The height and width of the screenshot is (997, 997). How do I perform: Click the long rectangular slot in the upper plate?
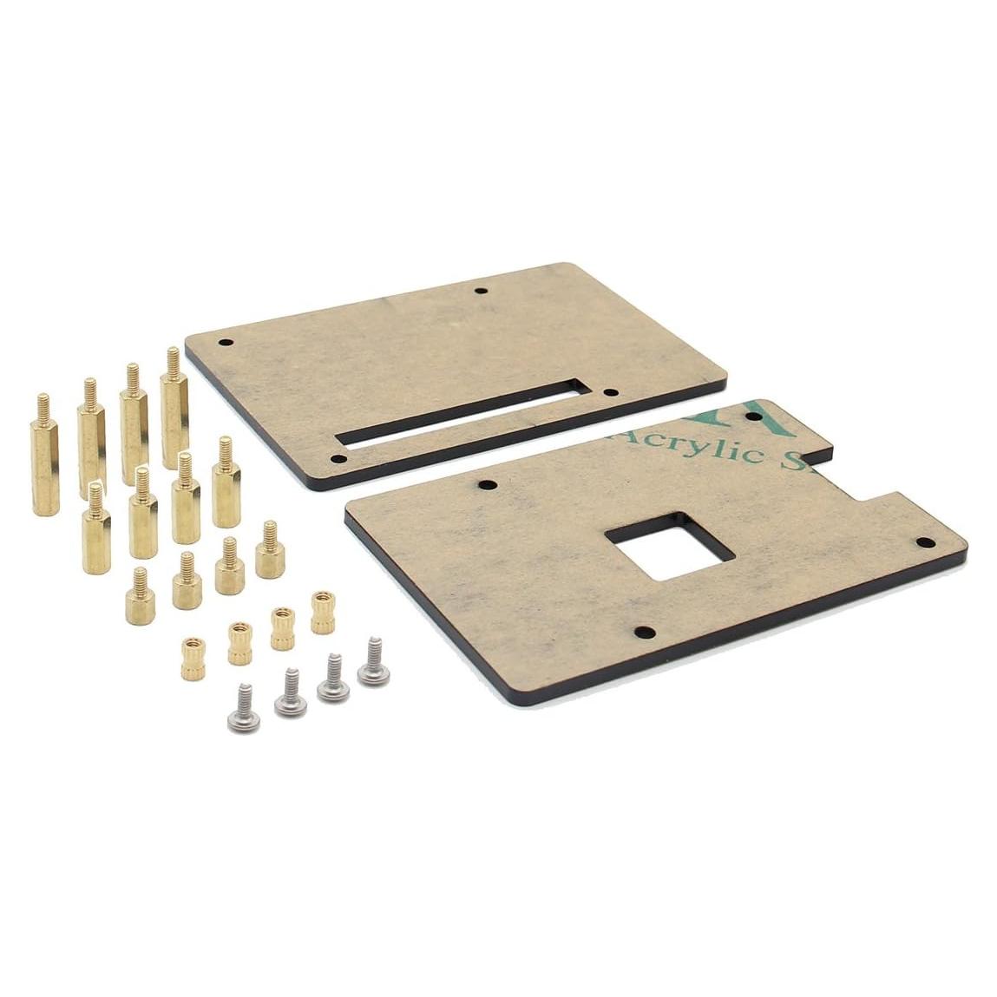click(x=460, y=415)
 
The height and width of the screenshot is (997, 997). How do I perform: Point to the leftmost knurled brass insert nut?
click(x=193, y=656)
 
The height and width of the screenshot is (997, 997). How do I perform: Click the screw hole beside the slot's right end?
click(x=611, y=393)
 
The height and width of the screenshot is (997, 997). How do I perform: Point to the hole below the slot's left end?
click(x=338, y=460)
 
